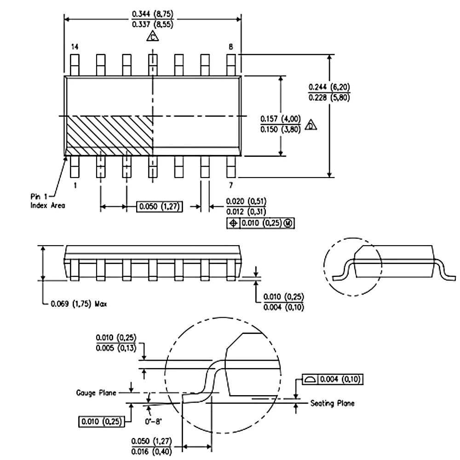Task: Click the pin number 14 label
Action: click(75, 47)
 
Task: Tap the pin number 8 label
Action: click(231, 47)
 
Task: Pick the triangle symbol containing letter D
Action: click(312, 126)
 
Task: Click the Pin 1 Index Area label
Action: click(45, 201)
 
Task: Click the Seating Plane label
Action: click(332, 403)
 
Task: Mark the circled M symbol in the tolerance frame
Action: click(289, 223)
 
